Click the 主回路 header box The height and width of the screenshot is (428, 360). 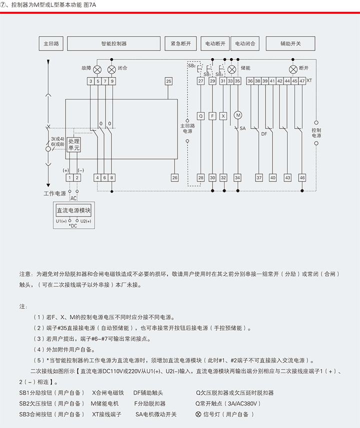coord(51,43)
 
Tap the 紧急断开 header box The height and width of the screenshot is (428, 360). coord(180,43)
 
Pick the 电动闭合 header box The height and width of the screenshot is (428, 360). coord(245,43)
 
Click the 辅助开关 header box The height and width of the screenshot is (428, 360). coord(290,43)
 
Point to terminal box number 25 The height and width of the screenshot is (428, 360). coord(168,80)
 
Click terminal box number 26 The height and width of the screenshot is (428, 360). coord(174,177)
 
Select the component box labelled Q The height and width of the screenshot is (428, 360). coord(200,115)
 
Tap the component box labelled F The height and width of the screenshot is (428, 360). coord(212,115)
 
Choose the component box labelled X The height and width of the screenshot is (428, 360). coord(223,115)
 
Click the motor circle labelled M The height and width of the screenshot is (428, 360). coord(238,115)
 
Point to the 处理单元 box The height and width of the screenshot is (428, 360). coord(74,144)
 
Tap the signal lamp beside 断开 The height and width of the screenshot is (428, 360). coord(293,68)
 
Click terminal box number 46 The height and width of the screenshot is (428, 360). coord(302,177)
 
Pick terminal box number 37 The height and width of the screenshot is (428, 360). coord(259,177)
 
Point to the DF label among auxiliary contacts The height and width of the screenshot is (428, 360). coord(264,134)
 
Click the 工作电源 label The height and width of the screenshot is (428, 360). coord(51,193)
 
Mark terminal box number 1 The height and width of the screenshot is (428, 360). coord(66,177)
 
